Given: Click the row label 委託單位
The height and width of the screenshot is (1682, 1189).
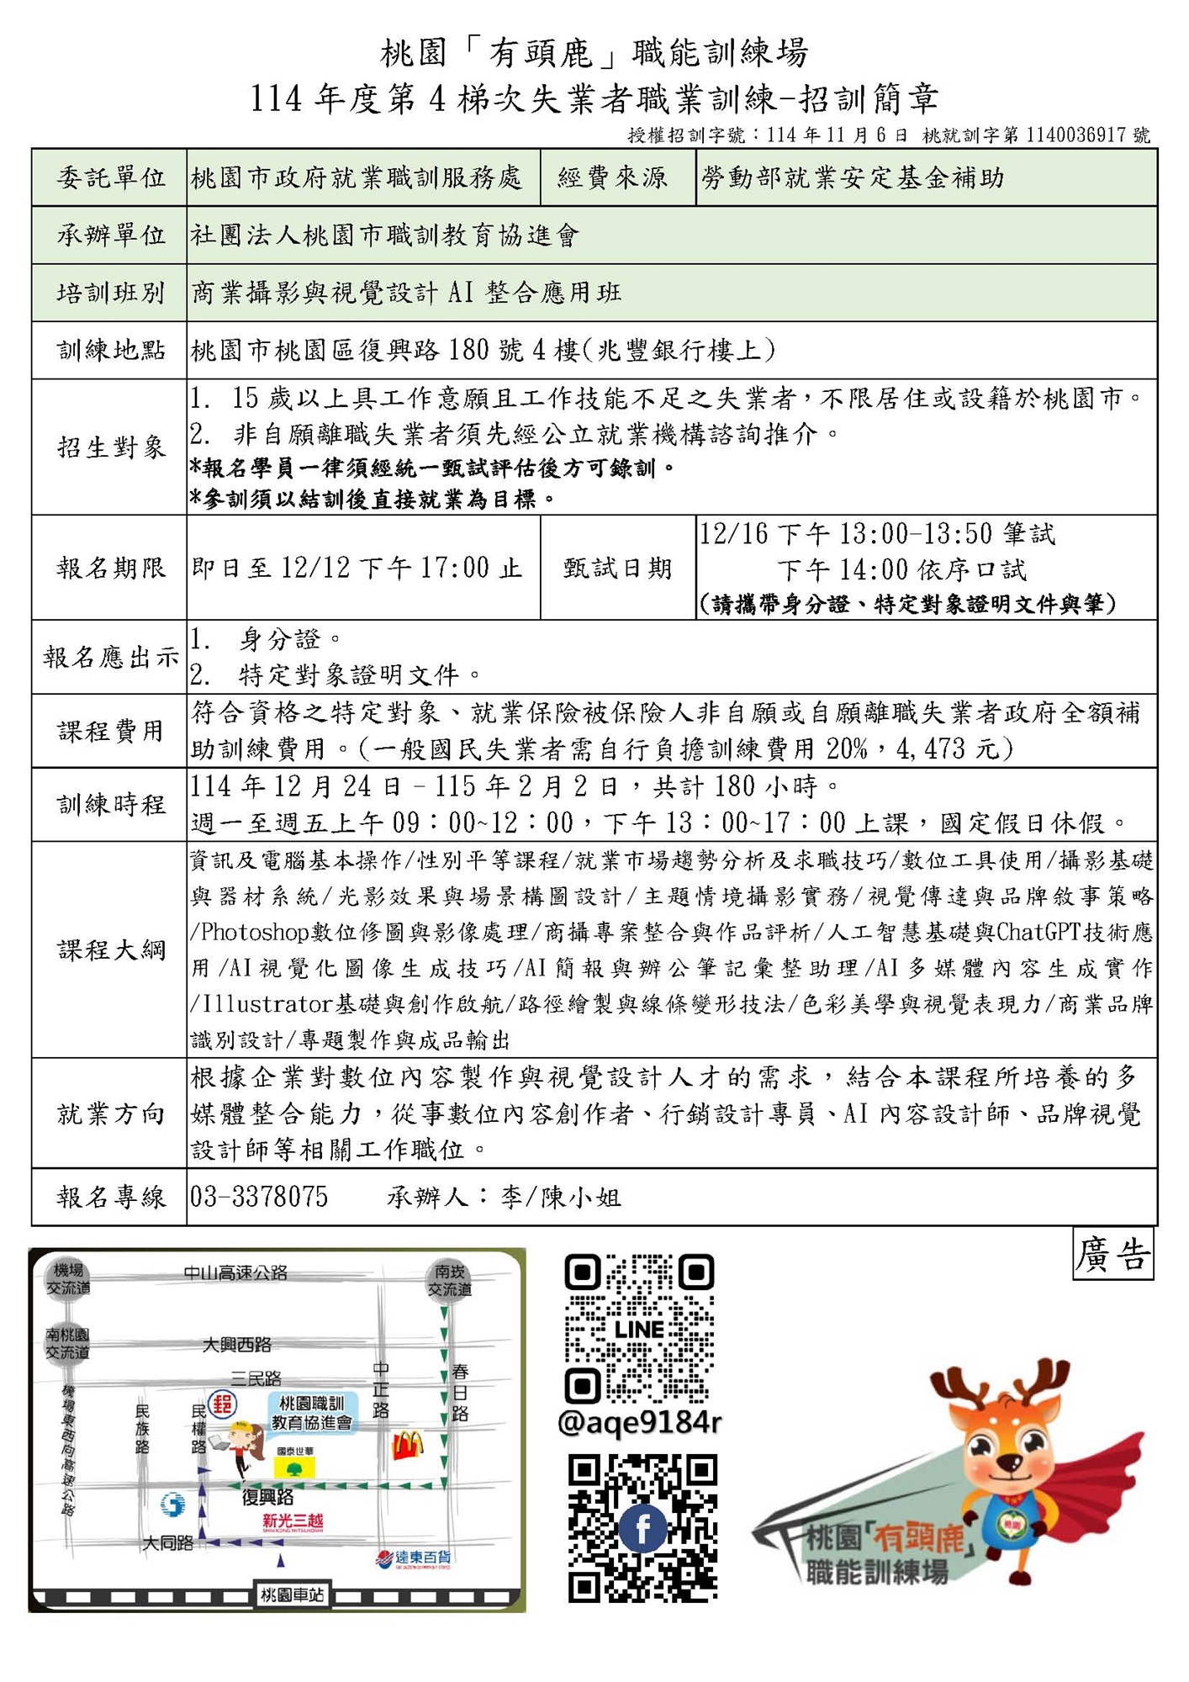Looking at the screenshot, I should point(110,177).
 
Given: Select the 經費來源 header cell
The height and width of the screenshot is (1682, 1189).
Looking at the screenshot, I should point(613,177).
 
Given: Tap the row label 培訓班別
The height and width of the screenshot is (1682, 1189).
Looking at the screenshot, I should point(110,293).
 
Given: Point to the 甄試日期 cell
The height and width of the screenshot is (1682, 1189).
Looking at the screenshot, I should point(618,569).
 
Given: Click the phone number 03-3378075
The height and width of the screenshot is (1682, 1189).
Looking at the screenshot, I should point(259,1197).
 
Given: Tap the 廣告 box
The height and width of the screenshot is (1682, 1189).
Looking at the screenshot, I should point(1112,1254).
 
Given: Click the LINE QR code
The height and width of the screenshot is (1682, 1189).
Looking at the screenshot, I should point(639,1330).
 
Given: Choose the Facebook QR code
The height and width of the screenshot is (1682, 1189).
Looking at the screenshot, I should point(642,1528).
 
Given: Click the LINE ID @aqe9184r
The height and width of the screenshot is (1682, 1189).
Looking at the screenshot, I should point(639,1422).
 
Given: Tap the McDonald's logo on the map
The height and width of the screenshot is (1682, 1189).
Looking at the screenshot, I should point(408,1445).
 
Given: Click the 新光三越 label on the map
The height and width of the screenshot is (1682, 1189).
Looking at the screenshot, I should point(293,1521).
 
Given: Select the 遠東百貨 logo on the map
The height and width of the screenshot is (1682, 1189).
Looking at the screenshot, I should point(413,1558).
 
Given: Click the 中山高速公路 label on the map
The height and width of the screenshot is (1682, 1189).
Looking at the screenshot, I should point(235,1273).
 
